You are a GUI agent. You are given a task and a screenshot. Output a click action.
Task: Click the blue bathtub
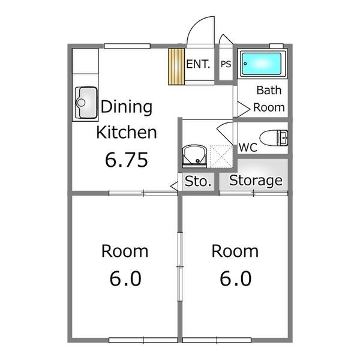pyautogui.click(x=262, y=64)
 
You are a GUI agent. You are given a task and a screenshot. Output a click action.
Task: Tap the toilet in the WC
pyautogui.click(x=274, y=138)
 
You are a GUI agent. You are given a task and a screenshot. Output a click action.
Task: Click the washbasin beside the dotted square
pyautogui.click(x=194, y=156)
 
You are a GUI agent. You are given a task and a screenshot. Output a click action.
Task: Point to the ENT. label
pyautogui.click(x=198, y=64)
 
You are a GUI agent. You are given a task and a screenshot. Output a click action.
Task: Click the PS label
pyautogui.click(x=226, y=64)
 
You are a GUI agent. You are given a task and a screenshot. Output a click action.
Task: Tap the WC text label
pyautogui.click(x=248, y=148)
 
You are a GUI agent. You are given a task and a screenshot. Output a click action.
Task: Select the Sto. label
pyautogui.click(x=198, y=181)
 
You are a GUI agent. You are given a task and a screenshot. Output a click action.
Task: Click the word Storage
pyautogui.click(x=256, y=181)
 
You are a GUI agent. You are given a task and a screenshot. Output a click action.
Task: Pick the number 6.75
pyautogui.click(x=127, y=160)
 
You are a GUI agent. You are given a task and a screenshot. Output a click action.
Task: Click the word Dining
pyautogui.click(x=127, y=107)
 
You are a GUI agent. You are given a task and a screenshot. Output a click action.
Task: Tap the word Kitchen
pyautogui.click(x=127, y=132)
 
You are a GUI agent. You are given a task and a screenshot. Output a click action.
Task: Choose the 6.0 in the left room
pyautogui.click(x=125, y=278)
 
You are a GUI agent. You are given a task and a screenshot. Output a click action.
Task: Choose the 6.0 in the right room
pyautogui.click(x=236, y=278)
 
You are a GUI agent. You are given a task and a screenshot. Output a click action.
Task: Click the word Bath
pyautogui.click(x=269, y=90)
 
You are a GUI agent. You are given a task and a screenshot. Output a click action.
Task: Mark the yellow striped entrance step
pyautogui.click(x=176, y=67)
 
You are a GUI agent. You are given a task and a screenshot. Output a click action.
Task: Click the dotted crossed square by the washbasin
pyautogui.click(x=221, y=157)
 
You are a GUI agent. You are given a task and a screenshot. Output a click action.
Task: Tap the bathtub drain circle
pyautogui.click(x=245, y=64)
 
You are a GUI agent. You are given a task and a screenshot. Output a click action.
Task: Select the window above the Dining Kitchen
pyautogui.click(x=127, y=46)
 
